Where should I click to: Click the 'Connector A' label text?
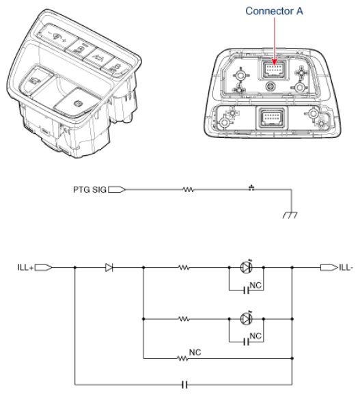[x=275, y=12]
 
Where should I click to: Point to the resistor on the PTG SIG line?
[x=189, y=189]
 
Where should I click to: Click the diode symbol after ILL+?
[x=109, y=268]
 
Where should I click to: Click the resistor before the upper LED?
[x=184, y=268]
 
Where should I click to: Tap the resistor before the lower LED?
[x=184, y=318]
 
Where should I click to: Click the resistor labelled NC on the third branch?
[x=184, y=358]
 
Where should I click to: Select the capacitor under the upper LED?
[x=246, y=290]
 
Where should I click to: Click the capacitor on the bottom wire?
[x=184, y=384]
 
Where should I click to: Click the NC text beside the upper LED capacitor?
[x=257, y=285]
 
